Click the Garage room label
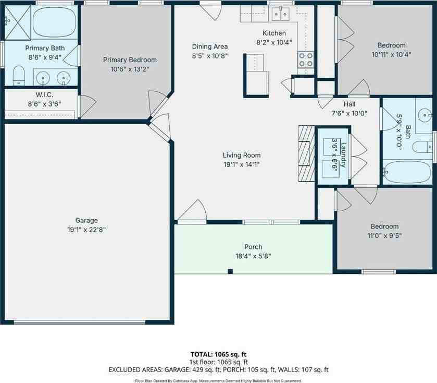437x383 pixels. pyautogui.click(x=86, y=220)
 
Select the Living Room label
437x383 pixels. pyautogui.click(x=242, y=155)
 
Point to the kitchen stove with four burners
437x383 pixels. pyautogui.click(x=306, y=59)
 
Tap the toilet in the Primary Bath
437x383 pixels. pyautogui.click(x=19, y=75)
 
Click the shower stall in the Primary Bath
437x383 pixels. pyautogui.click(x=18, y=21)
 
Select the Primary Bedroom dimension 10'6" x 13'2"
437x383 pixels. pyautogui.click(x=130, y=69)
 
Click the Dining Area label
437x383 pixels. pyautogui.click(x=210, y=46)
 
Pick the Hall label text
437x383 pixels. pyautogui.click(x=349, y=104)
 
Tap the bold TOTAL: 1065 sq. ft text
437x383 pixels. pyautogui.click(x=218, y=354)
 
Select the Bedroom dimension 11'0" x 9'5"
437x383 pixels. pyautogui.click(x=384, y=235)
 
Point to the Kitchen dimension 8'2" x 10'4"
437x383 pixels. pyautogui.click(x=274, y=42)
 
